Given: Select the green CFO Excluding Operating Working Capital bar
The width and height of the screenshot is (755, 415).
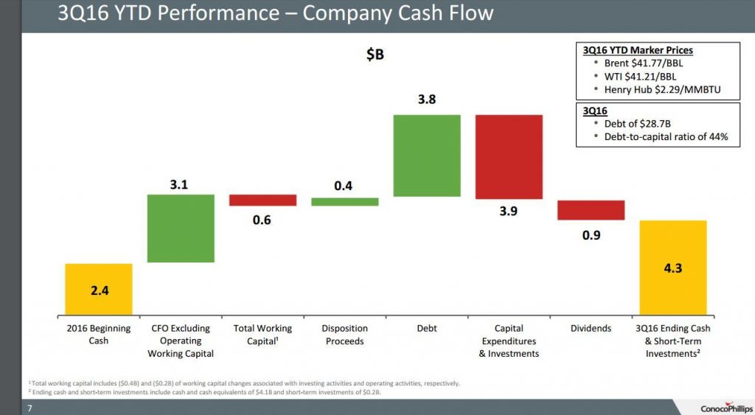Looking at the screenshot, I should (x=181, y=228).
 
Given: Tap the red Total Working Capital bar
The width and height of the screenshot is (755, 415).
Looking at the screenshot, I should (x=262, y=200).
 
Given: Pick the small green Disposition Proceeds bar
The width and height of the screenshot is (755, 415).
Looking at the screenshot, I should (x=344, y=201).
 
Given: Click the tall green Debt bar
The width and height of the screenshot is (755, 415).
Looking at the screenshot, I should (x=427, y=156).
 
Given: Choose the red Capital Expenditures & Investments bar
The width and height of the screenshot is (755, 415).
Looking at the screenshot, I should (x=509, y=157).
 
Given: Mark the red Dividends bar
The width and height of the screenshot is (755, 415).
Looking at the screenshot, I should (x=591, y=209).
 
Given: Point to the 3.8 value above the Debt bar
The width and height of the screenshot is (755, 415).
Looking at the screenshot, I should (x=427, y=100).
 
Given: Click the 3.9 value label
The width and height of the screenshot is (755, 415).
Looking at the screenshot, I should (x=509, y=212).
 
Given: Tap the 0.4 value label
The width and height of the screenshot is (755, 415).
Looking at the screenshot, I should (x=344, y=186).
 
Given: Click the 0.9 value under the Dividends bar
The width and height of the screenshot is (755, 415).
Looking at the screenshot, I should (x=591, y=235).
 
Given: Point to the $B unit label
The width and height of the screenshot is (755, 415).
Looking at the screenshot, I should (x=375, y=55).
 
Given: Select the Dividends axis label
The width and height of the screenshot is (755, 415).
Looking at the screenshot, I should (x=591, y=328).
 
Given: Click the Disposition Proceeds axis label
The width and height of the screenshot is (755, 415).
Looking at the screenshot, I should (x=344, y=335).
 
